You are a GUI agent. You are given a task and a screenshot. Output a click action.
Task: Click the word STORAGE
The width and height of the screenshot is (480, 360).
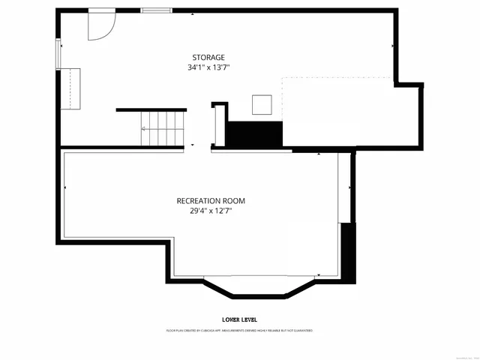[x=208, y=57]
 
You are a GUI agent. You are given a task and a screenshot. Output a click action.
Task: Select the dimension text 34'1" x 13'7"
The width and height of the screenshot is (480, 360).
[x=208, y=67]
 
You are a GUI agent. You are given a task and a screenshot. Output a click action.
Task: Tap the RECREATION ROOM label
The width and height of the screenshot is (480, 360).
[x=211, y=201]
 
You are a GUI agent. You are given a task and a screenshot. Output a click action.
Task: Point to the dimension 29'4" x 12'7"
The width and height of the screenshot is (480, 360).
[x=211, y=211]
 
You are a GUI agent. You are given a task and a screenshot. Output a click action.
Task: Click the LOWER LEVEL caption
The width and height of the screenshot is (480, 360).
[x=239, y=319]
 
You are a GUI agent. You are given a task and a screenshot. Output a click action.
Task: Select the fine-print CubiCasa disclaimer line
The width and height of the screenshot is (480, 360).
[x=239, y=330]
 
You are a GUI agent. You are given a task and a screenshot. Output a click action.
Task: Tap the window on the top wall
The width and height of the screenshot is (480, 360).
[x=155, y=10]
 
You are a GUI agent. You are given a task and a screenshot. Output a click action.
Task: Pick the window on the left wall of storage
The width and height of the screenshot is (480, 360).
[x=58, y=53]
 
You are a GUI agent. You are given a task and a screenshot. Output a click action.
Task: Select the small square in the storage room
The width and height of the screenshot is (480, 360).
[x=262, y=103]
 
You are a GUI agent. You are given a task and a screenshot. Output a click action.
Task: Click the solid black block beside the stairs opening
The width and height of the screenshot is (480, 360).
[x=255, y=135]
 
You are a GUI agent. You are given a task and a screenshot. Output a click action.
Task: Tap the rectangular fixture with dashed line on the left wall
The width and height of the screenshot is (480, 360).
[x=70, y=88]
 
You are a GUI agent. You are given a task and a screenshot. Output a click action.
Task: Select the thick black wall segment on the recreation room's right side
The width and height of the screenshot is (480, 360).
[x=347, y=251]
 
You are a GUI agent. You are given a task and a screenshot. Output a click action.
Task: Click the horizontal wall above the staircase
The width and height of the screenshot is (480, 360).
[x=151, y=110]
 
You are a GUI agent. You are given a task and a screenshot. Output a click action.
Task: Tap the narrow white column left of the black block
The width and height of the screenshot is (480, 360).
[x=220, y=126]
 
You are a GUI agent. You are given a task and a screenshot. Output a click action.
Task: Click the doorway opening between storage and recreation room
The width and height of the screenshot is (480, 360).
[x=197, y=148]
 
